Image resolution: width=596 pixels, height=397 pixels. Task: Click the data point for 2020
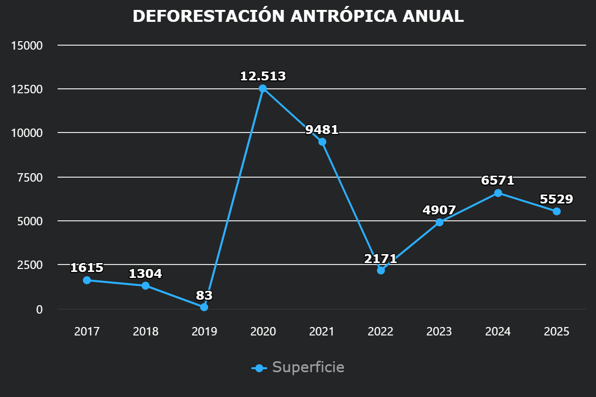263,88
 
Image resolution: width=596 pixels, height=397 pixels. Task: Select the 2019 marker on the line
204,307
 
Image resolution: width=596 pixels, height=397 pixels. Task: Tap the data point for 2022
381,270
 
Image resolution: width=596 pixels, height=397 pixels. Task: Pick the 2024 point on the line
498,193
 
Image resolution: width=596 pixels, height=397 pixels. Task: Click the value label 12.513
263,76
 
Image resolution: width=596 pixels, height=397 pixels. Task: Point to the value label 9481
322,130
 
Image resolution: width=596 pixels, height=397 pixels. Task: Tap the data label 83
204,296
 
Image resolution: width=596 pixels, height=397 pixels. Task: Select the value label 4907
439,210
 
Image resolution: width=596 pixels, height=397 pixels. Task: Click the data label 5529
556,199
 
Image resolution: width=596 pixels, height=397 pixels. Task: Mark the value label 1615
87,268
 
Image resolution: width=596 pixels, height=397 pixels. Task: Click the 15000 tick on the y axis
27,46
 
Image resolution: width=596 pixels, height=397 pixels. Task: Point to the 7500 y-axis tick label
30,177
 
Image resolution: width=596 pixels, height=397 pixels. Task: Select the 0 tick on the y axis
39,309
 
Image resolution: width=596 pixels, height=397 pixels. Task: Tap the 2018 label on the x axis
146,331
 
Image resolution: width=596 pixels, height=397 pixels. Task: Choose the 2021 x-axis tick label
322,331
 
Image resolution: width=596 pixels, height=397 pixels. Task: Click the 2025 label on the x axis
556,331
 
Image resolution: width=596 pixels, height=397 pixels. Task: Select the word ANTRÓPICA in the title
343,16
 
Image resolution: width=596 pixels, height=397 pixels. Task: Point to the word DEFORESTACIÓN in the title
209,16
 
